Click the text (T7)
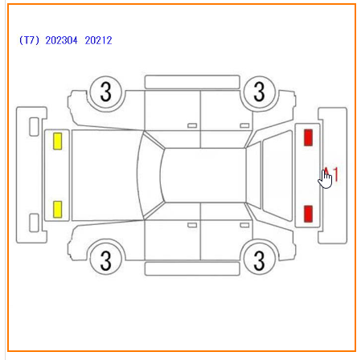(x=29, y=40)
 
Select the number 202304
(x=61, y=40)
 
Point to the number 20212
(x=98, y=40)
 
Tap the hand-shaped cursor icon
(x=325, y=179)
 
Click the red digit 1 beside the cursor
(x=335, y=174)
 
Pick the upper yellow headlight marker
(x=58, y=141)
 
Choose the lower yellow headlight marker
(x=58, y=209)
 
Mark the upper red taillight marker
(x=308, y=137)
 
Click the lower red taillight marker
(x=308, y=214)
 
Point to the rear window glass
(x=277, y=175)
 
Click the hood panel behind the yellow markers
(x=106, y=175)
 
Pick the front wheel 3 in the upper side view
(x=106, y=92)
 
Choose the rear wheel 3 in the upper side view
(x=259, y=92)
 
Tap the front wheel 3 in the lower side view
(x=106, y=260)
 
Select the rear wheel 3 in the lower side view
(x=259, y=260)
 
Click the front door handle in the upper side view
(x=192, y=125)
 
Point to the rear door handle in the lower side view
(x=244, y=225)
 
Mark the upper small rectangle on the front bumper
(x=34, y=127)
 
